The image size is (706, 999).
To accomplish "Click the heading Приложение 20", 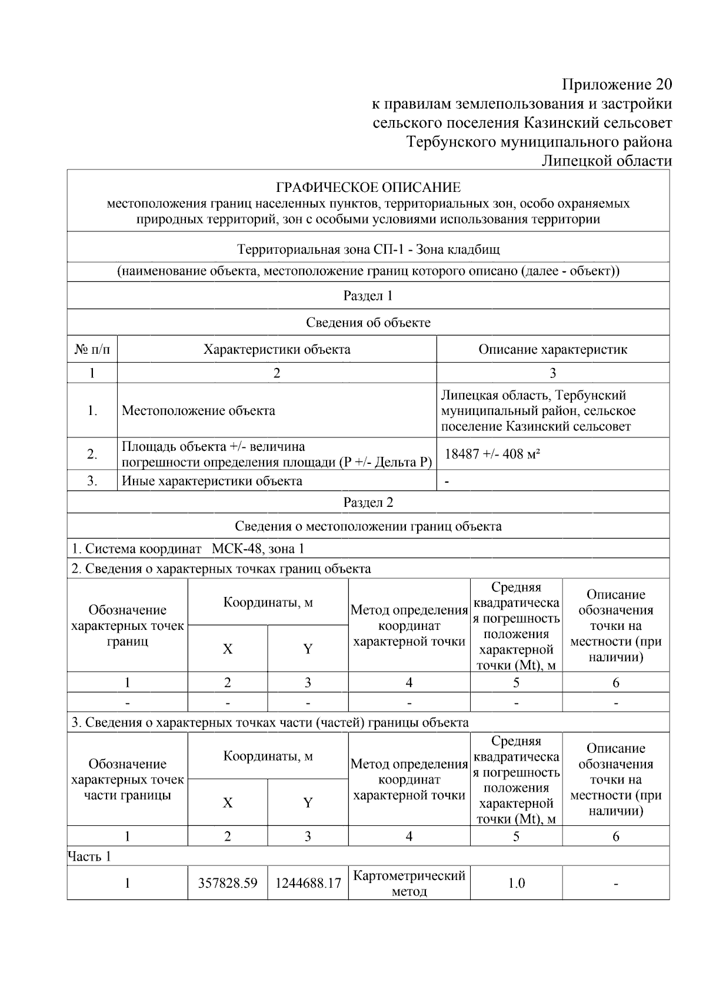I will coord(617,84).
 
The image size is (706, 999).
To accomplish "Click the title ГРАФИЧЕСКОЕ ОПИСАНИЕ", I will coord(368,188).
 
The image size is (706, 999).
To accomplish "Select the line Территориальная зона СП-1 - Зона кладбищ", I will coord(368,249).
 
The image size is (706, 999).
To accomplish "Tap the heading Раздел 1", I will coord(368,296).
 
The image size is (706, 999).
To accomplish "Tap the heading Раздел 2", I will coord(368,502).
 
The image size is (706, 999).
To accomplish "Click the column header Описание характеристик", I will coord(552,349).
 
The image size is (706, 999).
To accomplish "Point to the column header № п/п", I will coord(92,349).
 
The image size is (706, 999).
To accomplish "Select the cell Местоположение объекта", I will coord(198,410).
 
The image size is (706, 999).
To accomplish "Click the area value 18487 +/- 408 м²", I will coord(492,454).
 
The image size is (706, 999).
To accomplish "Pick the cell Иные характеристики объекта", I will coord(212,481).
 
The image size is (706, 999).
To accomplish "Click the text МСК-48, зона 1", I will coord(258,549).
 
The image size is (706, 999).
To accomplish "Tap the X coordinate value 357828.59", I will coord(228,883).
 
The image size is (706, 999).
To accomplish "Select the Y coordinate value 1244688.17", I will coord(308,883).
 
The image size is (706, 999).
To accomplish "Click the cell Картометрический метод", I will coord(409,883).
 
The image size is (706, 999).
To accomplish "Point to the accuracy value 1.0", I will coord(516,883).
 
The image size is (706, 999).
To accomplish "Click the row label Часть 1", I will coord(89,856).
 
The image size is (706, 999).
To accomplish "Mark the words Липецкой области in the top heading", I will coord(607,161).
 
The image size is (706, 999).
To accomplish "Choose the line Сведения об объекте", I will coord(368,323).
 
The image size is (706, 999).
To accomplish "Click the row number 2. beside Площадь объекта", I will coord(92,454).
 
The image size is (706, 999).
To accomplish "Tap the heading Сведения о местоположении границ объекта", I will coord(368,526).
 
